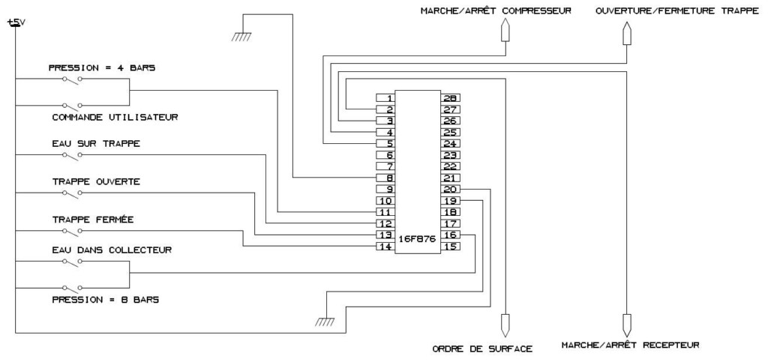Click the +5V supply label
16,22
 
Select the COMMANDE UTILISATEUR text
114,117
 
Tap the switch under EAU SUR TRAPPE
72,155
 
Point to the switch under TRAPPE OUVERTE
72,193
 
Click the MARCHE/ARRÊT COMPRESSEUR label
496,11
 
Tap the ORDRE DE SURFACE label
482,349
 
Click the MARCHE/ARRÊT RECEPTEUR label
630,346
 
